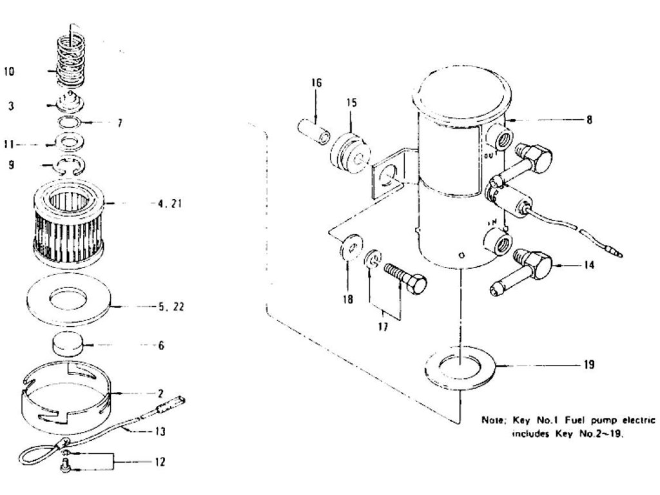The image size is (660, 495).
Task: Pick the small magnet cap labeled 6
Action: click(68, 344)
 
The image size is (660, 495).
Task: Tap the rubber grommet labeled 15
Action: click(350, 153)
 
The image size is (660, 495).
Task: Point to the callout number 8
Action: click(588, 119)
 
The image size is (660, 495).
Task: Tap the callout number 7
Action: click(120, 122)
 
